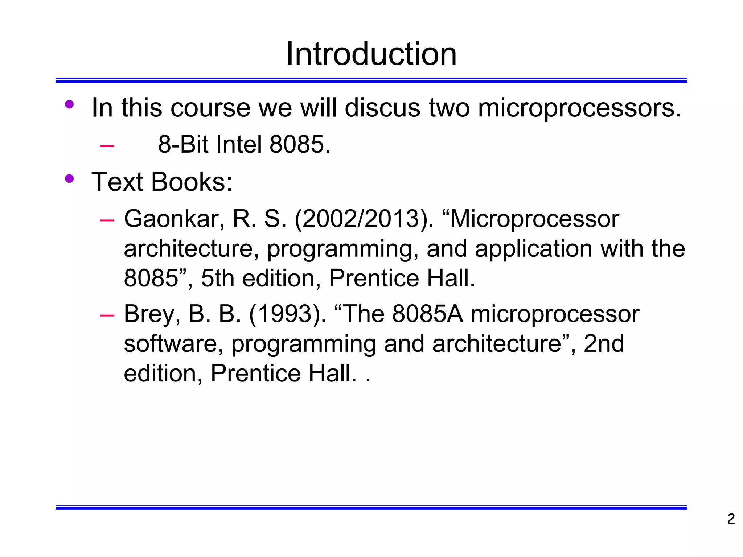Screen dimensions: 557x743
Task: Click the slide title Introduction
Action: [x=371, y=54]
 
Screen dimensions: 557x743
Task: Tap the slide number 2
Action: [x=731, y=519]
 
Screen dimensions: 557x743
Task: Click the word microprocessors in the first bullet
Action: [x=579, y=108]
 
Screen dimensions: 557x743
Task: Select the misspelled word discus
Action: [x=382, y=108]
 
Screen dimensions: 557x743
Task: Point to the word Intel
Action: [x=238, y=144]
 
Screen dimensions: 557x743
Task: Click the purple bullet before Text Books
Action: [x=69, y=179]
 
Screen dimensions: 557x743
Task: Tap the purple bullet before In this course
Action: [x=69, y=105]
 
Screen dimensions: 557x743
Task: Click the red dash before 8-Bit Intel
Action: [x=107, y=146]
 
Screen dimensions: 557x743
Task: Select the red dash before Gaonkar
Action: [x=107, y=220]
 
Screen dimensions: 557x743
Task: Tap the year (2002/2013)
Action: [x=364, y=219]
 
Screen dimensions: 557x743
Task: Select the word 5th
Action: [x=217, y=278]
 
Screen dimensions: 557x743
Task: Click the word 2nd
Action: [x=604, y=344]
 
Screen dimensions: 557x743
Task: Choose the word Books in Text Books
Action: [x=192, y=182]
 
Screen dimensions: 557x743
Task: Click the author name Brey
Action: [x=152, y=314]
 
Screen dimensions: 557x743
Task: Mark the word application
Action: [x=533, y=249]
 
